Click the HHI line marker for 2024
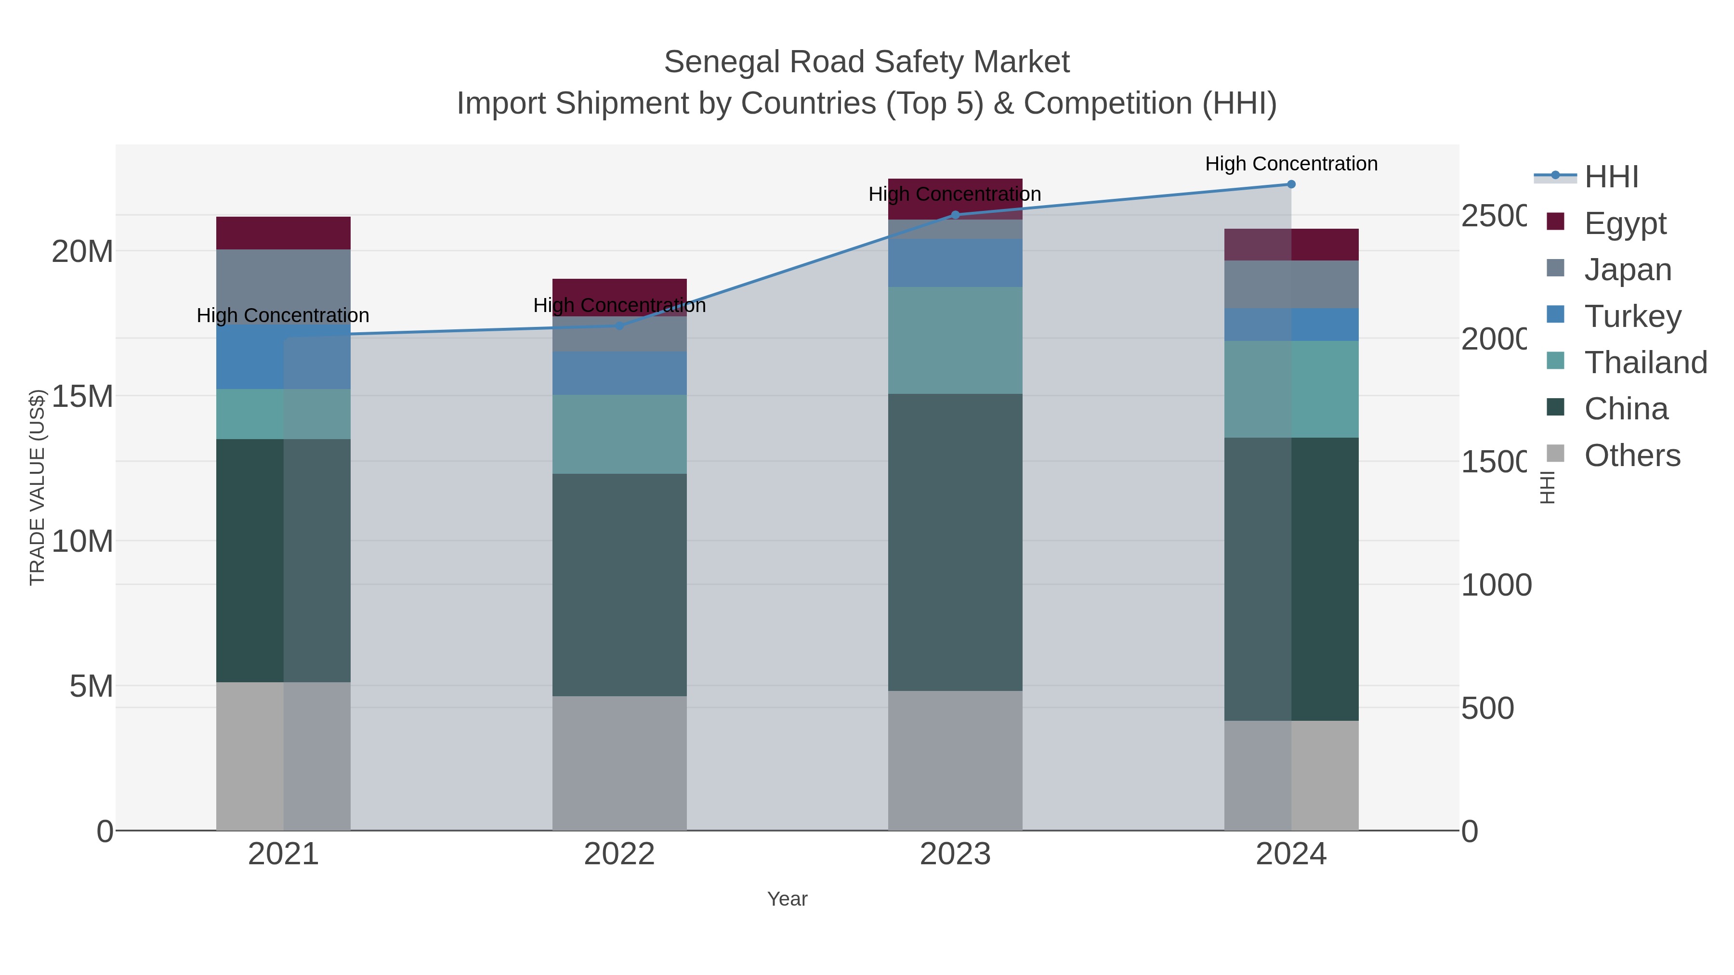(1291, 184)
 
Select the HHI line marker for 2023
(955, 215)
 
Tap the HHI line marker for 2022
(619, 325)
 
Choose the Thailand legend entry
(1645, 362)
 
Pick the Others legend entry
(1632, 455)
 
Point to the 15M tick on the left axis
(82, 396)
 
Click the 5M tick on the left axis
(91, 686)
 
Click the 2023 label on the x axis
(955, 854)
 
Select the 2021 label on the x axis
(283, 854)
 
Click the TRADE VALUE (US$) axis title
(37, 487)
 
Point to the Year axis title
(787, 898)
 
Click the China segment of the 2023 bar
(955, 542)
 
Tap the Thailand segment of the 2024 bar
(1291, 389)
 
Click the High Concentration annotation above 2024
(1291, 164)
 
